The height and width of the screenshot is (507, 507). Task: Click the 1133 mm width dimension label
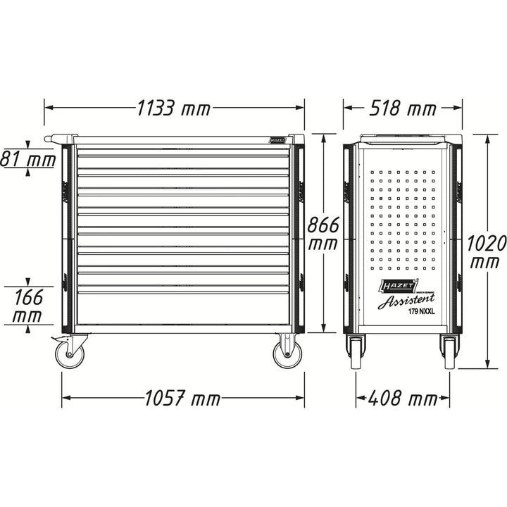(174, 109)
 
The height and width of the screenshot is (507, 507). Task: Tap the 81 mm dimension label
(27, 159)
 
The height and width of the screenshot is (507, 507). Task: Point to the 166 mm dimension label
(27, 305)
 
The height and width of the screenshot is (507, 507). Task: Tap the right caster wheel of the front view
(285, 352)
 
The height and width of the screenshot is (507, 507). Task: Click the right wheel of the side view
(449, 350)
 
